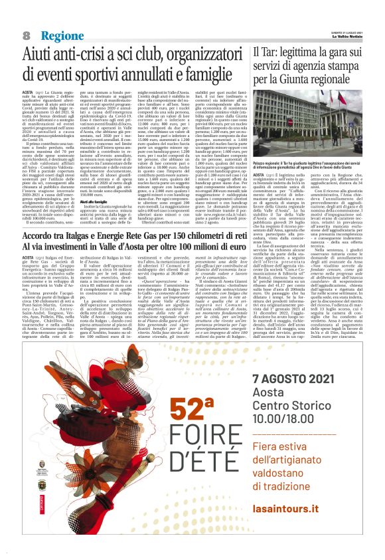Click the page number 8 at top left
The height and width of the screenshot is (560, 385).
(27, 35)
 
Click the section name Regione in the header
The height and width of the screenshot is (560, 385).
(61, 35)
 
